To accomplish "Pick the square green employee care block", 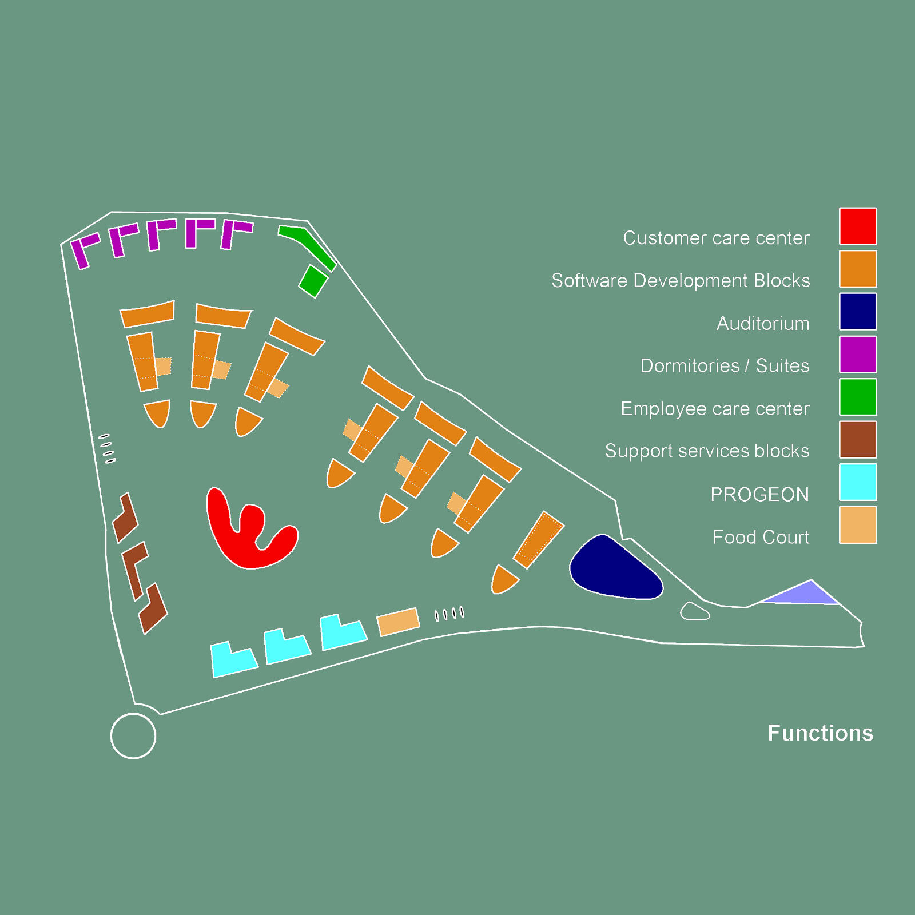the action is pyautogui.click(x=313, y=281).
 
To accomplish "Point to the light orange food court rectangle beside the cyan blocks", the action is pyautogui.click(x=398, y=622).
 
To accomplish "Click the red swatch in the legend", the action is pyautogui.click(x=858, y=226).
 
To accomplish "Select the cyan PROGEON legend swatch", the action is pyautogui.click(x=858, y=482).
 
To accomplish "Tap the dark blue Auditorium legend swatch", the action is pyautogui.click(x=858, y=312).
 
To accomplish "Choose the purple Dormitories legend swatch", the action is pyautogui.click(x=858, y=354).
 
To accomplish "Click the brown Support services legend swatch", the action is pyautogui.click(x=858, y=440).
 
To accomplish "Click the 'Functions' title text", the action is pyautogui.click(x=820, y=733).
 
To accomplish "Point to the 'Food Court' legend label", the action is pyautogui.click(x=761, y=537).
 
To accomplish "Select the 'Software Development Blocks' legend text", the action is pyautogui.click(x=681, y=281).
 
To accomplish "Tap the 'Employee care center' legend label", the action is pyautogui.click(x=715, y=409).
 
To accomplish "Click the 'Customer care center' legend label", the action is pyautogui.click(x=716, y=238).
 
